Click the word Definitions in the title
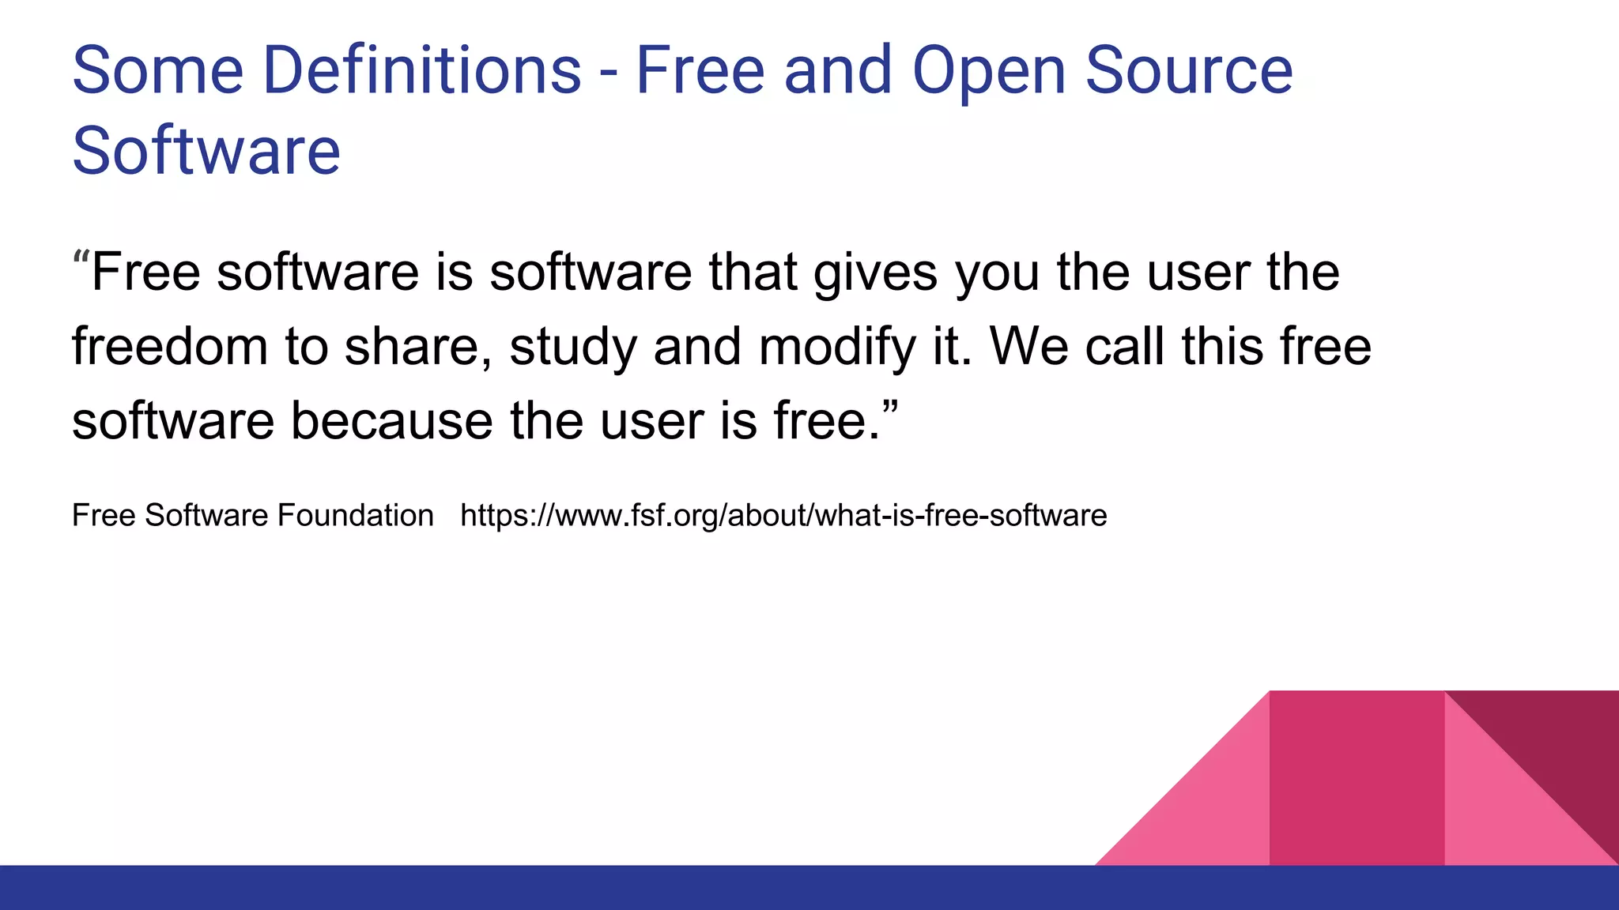click(421, 71)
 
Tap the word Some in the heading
click(158, 71)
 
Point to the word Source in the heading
click(1189, 71)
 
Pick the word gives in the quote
click(875, 273)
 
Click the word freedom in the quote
click(170, 347)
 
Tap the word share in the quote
click(418, 347)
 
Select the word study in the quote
click(572, 348)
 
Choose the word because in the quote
click(391, 421)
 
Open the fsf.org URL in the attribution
click(783, 516)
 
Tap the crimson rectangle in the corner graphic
click(1357, 778)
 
